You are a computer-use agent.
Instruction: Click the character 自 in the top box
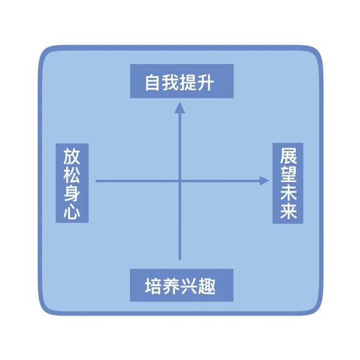point(152,82)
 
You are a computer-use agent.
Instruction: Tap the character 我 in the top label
point(170,82)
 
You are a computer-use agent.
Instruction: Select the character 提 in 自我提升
point(187,82)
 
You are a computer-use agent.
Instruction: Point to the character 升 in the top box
point(206,82)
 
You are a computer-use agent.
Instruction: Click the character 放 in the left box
point(71,156)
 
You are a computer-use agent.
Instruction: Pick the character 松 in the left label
point(71,175)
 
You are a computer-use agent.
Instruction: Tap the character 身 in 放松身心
point(71,192)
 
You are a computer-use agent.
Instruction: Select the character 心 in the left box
point(71,211)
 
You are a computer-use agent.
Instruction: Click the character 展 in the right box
point(289,156)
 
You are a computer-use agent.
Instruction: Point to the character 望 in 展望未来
point(289,175)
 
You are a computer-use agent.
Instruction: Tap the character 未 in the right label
point(289,192)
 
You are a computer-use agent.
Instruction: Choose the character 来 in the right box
point(289,211)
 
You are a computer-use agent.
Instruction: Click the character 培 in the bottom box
point(153,286)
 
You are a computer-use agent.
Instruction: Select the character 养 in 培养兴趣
point(171,286)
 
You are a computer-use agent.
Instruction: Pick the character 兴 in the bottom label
point(189,286)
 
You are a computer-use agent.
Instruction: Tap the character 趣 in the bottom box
point(207,286)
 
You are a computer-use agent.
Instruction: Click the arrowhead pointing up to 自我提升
point(180,107)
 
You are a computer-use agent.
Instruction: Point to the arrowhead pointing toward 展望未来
point(264,181)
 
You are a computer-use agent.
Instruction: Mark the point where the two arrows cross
point(180,181)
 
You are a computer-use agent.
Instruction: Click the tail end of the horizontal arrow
point(96,181)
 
